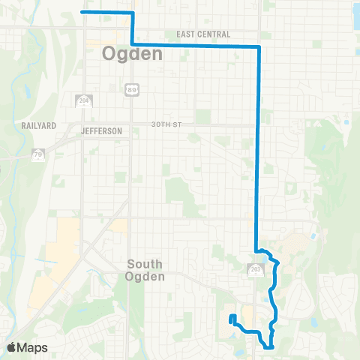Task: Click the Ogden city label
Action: (131, 54)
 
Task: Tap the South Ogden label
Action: (150, 270)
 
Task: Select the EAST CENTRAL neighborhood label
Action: (203, 34)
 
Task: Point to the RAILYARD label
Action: (36, 126)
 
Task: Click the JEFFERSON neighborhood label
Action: (101, 130)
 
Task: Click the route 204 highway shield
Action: (84, 100)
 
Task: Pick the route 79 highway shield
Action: (37, 154)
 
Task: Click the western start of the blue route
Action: (82, 13)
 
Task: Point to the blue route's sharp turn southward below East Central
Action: (259, 47)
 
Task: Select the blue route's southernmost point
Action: (268, 346)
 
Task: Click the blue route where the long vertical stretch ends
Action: (257, 250)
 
